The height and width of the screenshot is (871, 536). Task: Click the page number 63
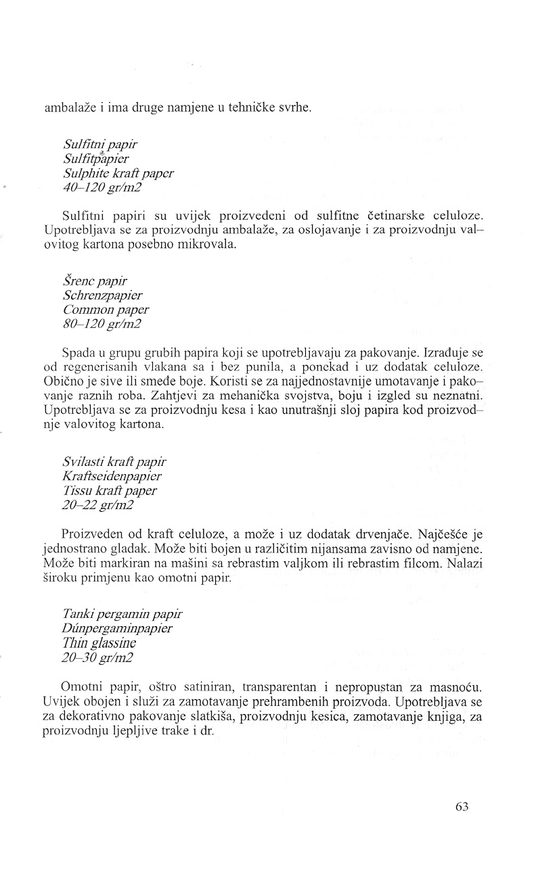point(462,807)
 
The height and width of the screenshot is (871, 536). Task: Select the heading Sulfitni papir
point(101,145)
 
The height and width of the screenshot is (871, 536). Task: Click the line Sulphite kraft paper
point(118,173)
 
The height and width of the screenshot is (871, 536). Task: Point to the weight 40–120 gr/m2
point(102,187)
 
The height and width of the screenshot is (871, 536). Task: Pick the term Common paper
point(106,310)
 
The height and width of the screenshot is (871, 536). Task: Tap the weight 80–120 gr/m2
point(102,324)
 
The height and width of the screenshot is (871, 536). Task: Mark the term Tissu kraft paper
point(109,490)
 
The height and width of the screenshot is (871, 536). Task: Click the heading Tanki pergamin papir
point(121,614)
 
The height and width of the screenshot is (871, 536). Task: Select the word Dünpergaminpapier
point(116,628)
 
